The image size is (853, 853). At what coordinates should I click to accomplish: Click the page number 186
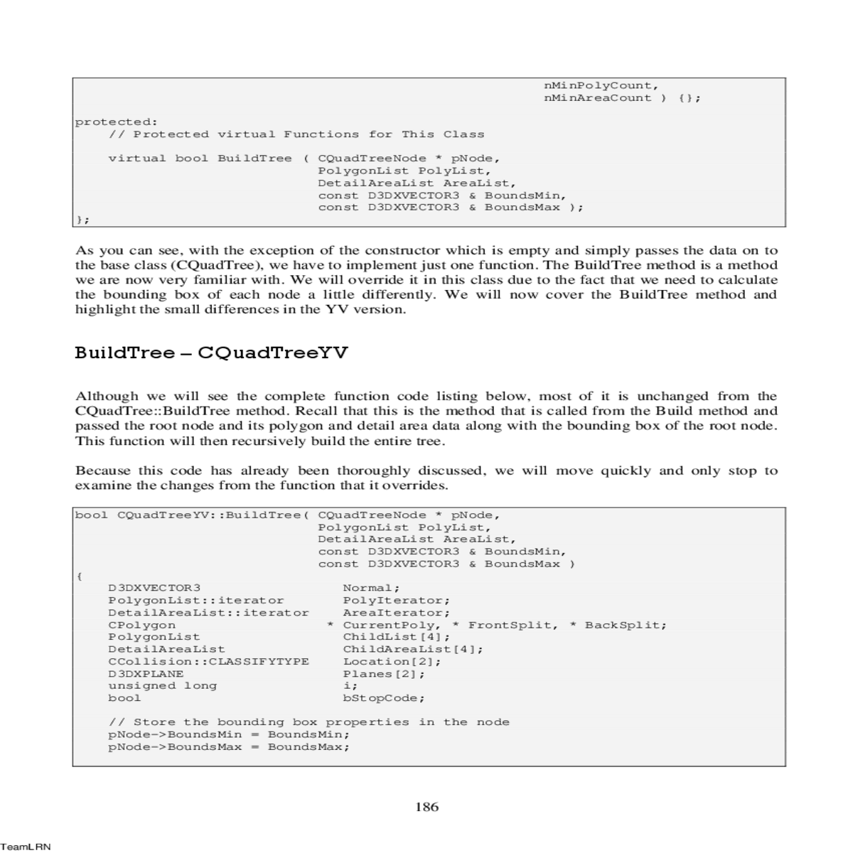tap(426, 807)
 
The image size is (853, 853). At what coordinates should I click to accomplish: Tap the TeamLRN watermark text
tap(25, 847)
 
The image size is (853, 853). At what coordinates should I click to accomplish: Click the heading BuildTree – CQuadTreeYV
tap(211, 353)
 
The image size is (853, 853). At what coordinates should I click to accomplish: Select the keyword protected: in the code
tap(117, 122)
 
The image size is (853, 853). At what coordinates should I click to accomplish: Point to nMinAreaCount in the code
tap(597, 98)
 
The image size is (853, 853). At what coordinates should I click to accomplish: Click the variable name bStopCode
tap(383, 698)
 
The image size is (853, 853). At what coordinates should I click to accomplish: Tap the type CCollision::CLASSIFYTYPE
tap(208, 661)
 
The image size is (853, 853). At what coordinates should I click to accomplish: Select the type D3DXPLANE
tap(146, 674)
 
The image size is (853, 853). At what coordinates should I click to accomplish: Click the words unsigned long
tap(162, 686)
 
